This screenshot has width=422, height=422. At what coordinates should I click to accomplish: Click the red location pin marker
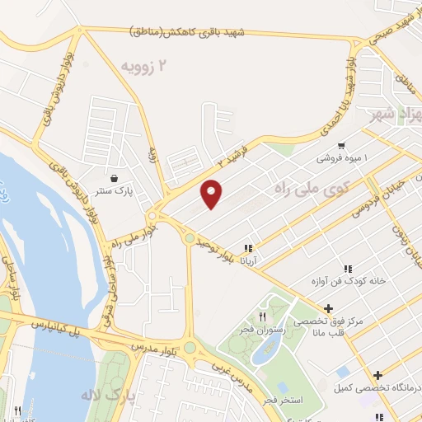click(213, 193)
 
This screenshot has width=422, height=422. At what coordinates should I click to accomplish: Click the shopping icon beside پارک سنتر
click(113, 178)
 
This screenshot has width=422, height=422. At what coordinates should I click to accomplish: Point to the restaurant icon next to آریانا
click(248, 247)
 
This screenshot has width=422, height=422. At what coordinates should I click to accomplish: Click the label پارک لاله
click(106, 395)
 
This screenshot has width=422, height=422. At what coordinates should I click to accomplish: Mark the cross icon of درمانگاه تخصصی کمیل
click(377, 375)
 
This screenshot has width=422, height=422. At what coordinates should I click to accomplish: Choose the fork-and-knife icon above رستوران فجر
click(263, 316)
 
